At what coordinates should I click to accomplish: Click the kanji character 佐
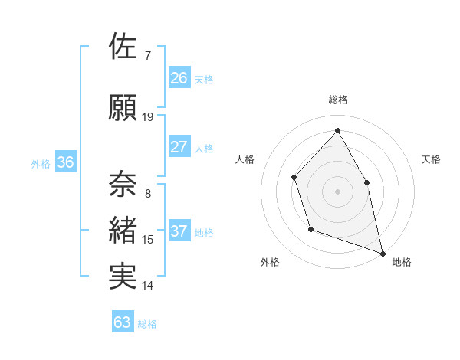click(123, 47)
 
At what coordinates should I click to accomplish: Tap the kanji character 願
click(123, 108)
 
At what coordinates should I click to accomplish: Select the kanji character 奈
click(123, 183)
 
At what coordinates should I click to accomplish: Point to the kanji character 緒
click(123, 231)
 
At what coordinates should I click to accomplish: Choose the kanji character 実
click(123, 277)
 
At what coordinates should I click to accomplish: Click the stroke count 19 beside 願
click(148, 117)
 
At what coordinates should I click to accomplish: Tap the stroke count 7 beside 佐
click(148, 56)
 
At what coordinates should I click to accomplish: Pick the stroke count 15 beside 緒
click(148, 240)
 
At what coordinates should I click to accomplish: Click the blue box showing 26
click(179, 77)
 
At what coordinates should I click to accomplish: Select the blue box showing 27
click(179, 147)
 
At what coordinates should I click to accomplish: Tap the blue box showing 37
click(179, 231)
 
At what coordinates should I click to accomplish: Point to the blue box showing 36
click(65, 162)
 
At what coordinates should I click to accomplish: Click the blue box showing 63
click(122, 322)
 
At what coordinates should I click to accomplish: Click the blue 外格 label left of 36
click(41, 164)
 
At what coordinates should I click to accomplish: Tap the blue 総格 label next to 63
click(148, 324)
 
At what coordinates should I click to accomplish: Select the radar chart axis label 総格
click(338, 100)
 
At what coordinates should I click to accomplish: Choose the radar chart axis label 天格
click(431, 159)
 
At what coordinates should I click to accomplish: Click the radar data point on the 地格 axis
click(382, 253)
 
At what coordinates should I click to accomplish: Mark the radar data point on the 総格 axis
click(337, 130)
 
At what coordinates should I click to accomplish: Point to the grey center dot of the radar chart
click(337, 191)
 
